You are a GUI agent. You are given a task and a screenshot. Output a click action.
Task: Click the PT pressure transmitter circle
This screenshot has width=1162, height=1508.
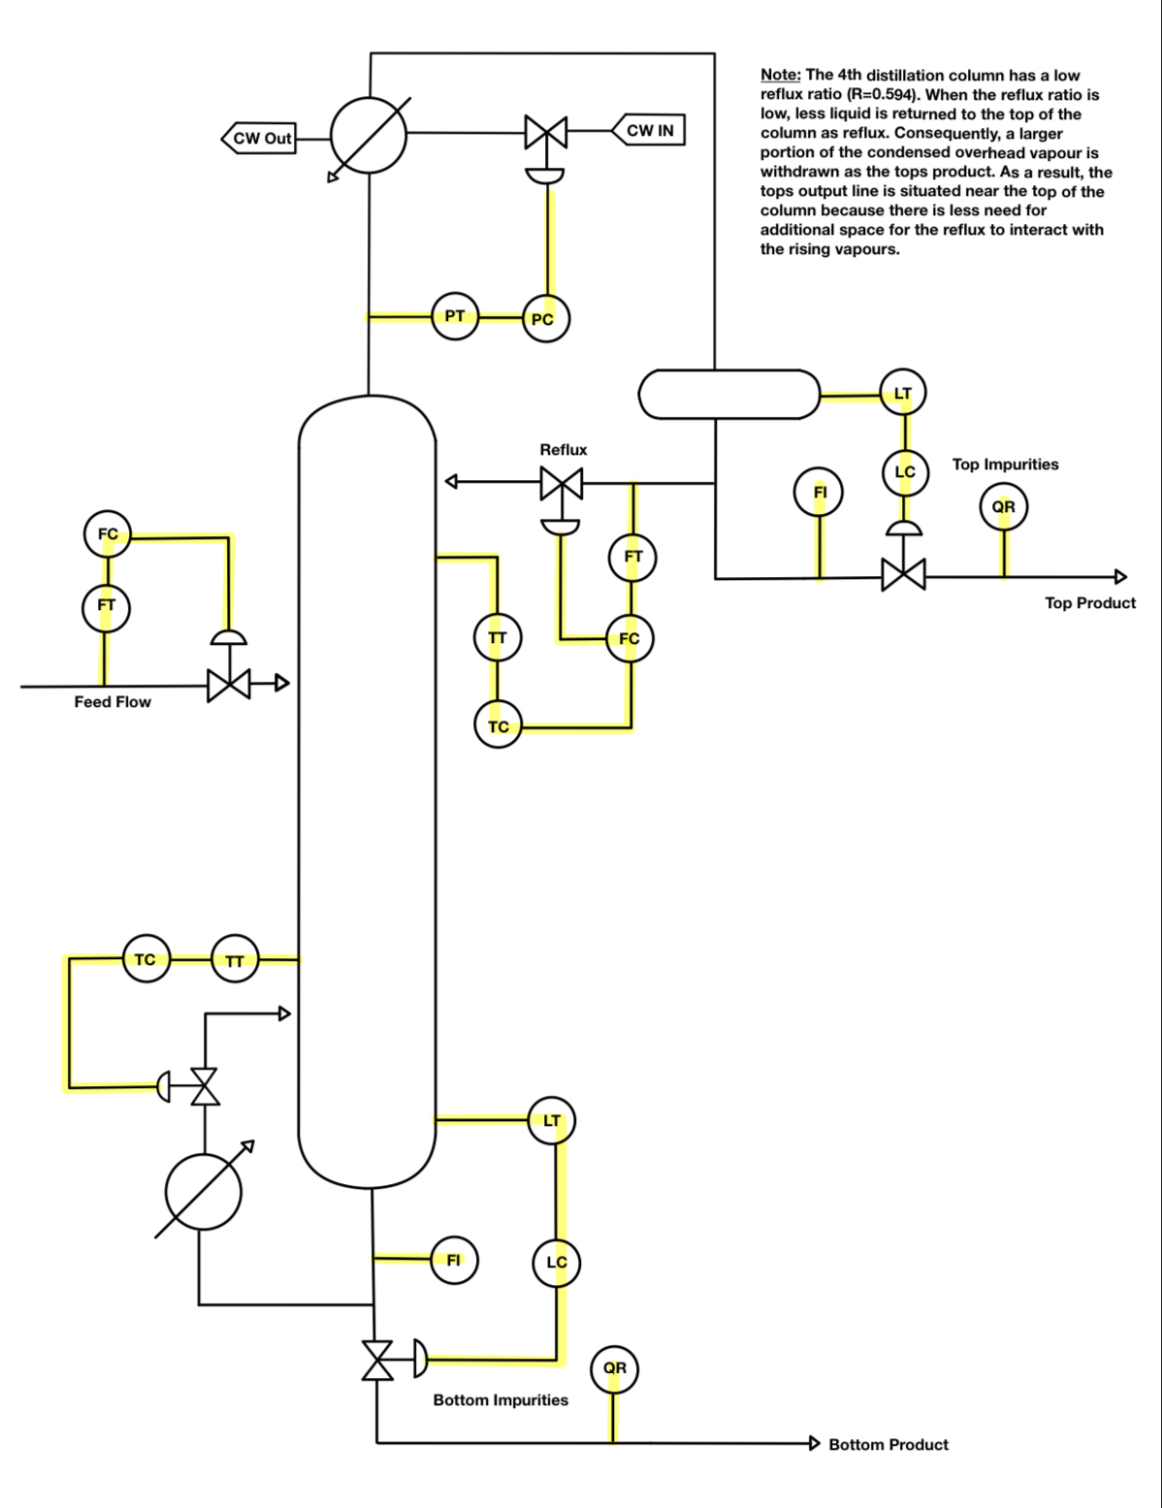point(455,316)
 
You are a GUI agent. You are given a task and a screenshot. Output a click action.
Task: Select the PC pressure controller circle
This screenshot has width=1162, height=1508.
point(545,319)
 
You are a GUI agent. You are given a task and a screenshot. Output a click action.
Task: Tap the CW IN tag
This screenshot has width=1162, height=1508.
point(649,130)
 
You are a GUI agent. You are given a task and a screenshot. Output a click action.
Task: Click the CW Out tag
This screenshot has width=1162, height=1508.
point(260,139)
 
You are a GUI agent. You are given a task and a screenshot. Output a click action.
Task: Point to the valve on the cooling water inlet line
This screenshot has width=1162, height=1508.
point(546,132)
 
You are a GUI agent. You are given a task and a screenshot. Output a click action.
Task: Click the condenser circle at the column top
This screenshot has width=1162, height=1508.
point(369,136)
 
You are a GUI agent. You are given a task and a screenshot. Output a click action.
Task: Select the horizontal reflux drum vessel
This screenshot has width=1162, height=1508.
point(729,395)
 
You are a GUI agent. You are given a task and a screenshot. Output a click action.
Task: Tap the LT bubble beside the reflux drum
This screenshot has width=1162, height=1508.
point(903,393)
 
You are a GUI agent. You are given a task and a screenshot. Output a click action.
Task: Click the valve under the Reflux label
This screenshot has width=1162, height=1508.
point(562,483)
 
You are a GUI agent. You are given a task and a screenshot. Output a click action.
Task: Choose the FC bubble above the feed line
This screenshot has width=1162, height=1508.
point(108,534)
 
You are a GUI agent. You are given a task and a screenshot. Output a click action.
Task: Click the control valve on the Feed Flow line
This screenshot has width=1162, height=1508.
point(229,685)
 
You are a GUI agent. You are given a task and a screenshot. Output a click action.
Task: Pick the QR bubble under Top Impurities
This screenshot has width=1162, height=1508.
point(1004,507)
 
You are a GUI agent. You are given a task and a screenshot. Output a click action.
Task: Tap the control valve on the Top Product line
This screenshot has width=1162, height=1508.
point(903,575)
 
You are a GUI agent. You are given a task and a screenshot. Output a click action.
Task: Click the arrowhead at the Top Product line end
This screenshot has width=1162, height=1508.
point(1120,577)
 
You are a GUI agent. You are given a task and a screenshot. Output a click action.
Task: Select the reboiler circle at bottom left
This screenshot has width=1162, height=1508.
point(203,1191)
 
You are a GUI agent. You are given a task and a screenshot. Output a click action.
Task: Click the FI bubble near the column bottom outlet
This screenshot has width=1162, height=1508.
point(454,1260)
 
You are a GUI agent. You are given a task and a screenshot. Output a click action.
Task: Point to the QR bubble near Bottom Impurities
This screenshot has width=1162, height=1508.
point(614,1368)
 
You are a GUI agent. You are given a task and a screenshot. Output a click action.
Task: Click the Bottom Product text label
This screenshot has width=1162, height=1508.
point(888,1444)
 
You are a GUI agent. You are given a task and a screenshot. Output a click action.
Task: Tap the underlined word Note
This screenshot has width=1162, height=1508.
point(781,76)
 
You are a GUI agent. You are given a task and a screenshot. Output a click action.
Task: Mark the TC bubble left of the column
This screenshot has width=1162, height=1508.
point(145,959)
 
